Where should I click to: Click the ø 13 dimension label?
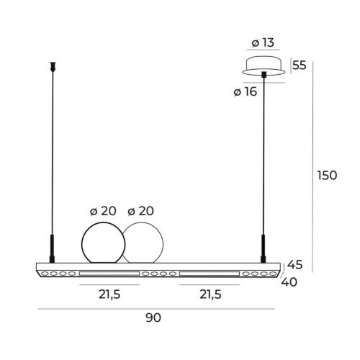263,42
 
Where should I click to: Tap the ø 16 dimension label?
246,91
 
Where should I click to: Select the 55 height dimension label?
300,65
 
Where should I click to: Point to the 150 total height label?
327,175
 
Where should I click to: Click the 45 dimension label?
295,264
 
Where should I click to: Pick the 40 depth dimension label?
289,282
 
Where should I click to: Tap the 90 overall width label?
153,318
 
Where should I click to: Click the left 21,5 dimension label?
109,294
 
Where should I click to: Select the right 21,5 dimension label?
210,294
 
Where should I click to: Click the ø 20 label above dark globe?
103,211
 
